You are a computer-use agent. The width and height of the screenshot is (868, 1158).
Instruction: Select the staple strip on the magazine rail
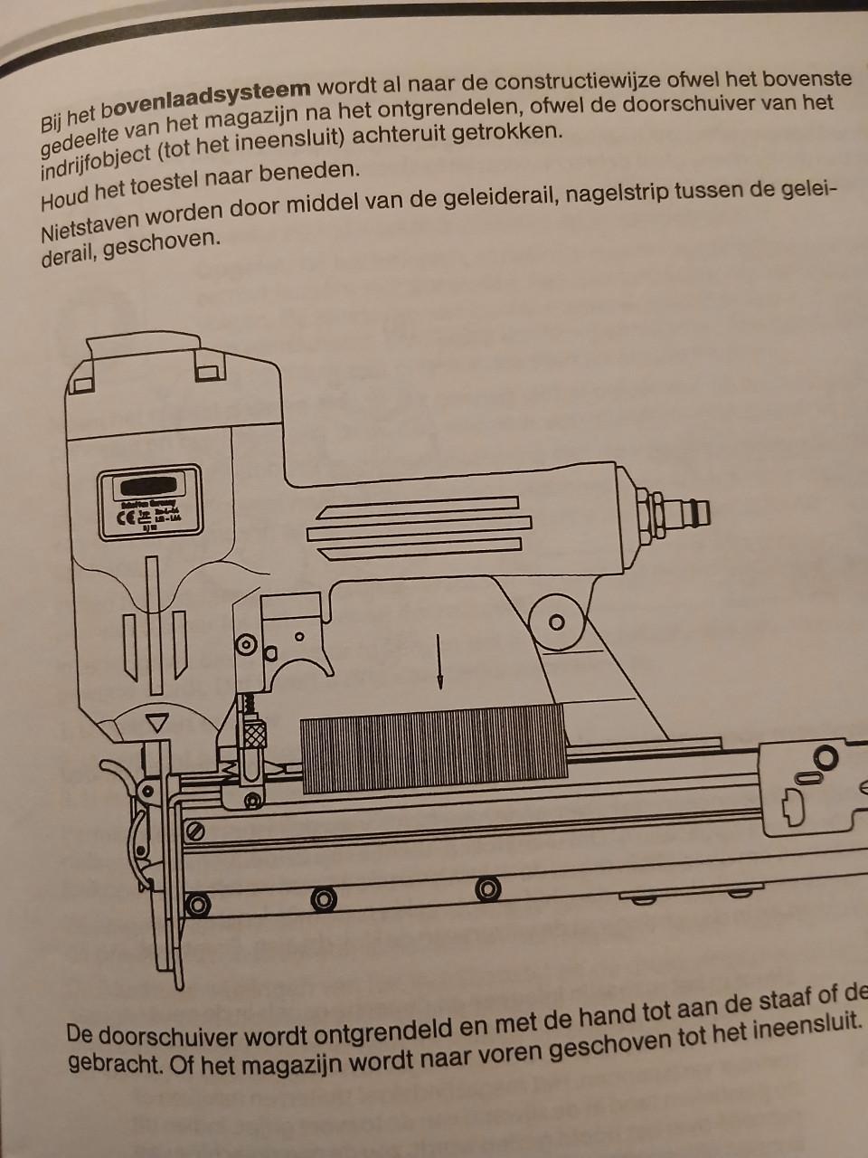point(434,748)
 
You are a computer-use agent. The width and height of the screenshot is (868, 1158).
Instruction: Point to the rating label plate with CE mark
point(150,504)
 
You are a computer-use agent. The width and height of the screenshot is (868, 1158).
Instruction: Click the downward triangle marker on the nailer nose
point(159,722)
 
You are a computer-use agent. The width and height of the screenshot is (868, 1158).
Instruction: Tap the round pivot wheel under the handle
point(556,622)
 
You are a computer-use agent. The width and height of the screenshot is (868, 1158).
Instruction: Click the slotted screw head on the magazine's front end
point(194,830)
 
